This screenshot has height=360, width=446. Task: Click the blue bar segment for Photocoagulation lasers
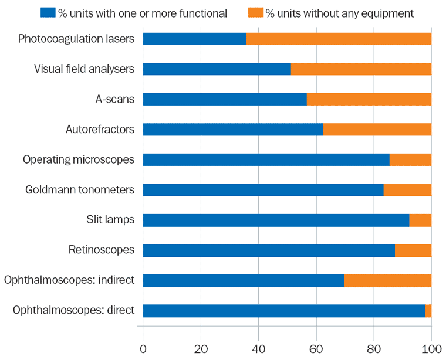(x=194, y=39)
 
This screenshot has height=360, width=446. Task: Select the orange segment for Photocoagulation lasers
(x=339, y=39)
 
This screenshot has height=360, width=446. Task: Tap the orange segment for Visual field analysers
(x=361, y=69)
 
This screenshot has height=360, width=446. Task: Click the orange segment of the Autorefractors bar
(x=377, y=130)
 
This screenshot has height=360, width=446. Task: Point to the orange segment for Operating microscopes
(x=410, y=159)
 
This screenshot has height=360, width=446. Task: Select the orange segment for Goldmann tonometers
(x=407, y=190)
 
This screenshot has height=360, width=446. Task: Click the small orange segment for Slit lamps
(x=420, y=220)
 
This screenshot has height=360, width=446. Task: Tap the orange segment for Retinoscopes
(x=413, y=250)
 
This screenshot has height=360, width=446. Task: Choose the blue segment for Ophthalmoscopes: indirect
(x=243, y=281)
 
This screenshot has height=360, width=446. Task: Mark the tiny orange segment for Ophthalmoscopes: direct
(x=428, y=311)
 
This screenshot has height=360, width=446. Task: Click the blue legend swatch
(x=48, y=12)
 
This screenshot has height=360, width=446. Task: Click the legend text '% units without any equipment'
(x=339, y=13)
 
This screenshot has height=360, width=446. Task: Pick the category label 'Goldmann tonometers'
(x=80, y=189)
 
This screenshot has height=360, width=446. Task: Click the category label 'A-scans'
(x=115, y=99)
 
